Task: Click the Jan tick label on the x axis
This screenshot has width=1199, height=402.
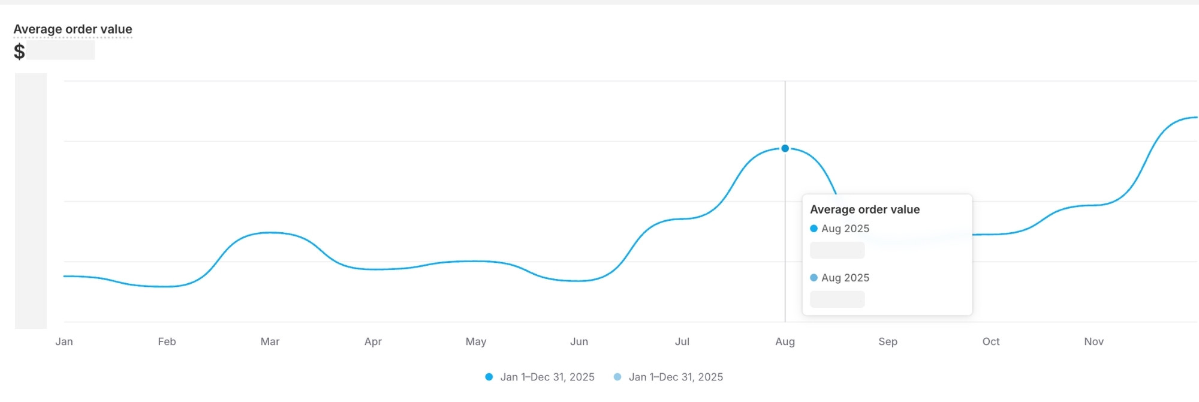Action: [64, 341]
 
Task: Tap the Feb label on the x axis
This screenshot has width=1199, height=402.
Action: [167, 341]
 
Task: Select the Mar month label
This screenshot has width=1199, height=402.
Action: [270, 341]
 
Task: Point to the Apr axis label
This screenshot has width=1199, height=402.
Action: [373, 341]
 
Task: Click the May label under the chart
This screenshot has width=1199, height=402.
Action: [476, 341]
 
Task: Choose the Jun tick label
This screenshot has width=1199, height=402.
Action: [579, 341]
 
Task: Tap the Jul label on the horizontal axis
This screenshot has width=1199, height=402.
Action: [682, 341]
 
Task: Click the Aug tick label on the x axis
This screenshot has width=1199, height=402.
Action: [785, 341]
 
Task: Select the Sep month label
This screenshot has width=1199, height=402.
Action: [888, 341]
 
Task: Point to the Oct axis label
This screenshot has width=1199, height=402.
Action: [991, 341]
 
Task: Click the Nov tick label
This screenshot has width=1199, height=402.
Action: [1094, 341]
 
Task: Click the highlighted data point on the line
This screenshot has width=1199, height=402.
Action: [785, 148]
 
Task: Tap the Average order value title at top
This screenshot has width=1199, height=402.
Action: [73, 29]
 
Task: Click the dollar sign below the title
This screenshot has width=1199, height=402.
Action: [19, 51]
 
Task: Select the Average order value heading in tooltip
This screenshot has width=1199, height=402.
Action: [864, 209]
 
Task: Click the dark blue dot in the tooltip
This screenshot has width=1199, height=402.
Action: [814, 229]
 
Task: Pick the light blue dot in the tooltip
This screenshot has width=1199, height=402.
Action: [814, 278]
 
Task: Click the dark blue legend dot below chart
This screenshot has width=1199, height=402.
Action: [489, 377]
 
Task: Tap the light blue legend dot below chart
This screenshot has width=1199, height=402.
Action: [617, 377]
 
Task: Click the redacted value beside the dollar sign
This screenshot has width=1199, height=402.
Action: [61, 50]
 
